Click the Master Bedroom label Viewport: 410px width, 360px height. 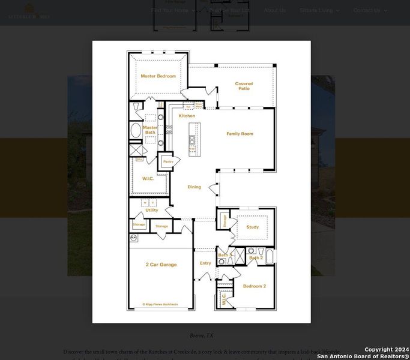(158, 76)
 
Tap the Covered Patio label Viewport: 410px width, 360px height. (244, 86)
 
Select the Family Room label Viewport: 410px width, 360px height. (240, 134)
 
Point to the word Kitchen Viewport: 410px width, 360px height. (187, 116)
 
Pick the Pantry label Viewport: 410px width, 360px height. (168, 161)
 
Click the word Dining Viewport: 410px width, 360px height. (194, 187)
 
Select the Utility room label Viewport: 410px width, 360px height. (152, 210)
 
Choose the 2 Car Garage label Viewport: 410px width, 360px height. (161, 265)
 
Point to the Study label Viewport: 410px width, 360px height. (252, 227)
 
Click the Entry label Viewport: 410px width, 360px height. (205, 263)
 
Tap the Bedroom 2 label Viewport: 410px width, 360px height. (254, 286)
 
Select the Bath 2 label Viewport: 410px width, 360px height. (256, 258)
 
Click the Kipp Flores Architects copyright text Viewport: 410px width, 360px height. (160, 305)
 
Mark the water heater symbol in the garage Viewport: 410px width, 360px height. (133, 238)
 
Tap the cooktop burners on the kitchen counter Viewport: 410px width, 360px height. (169, 128)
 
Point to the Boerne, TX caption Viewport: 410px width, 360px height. (201, 336)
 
